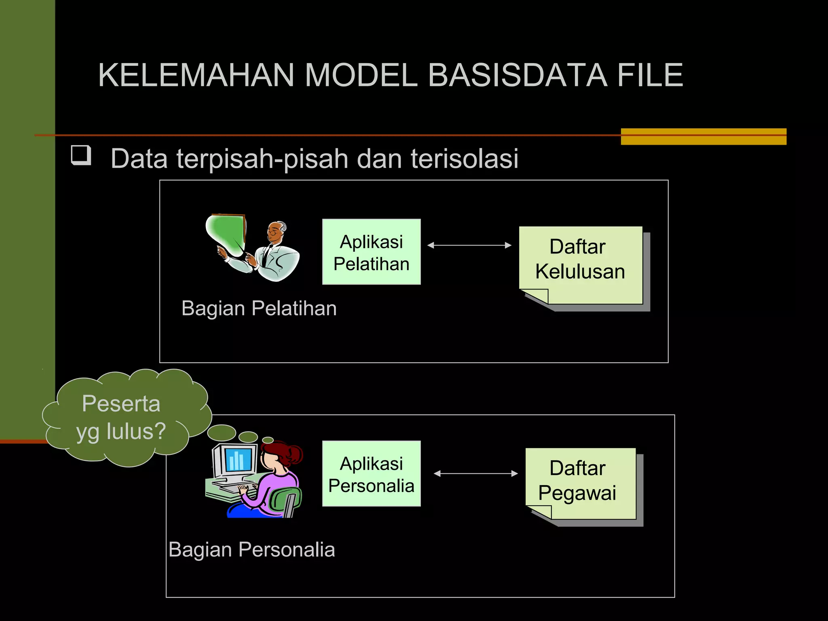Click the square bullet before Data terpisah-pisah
point(81,155)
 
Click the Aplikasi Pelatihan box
point(371,252)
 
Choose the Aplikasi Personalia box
point(371,473)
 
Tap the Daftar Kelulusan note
point(581,263)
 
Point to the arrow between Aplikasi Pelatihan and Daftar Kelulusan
point(469,245)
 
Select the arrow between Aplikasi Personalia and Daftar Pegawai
point(475,473)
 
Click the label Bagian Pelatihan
point(259,308)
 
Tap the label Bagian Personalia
point(251,550)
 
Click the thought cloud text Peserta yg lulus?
point(121,417)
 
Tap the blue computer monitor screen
point(240,460)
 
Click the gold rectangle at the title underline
point(703,136)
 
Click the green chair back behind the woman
point(285,499)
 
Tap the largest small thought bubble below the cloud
point(222,433)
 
